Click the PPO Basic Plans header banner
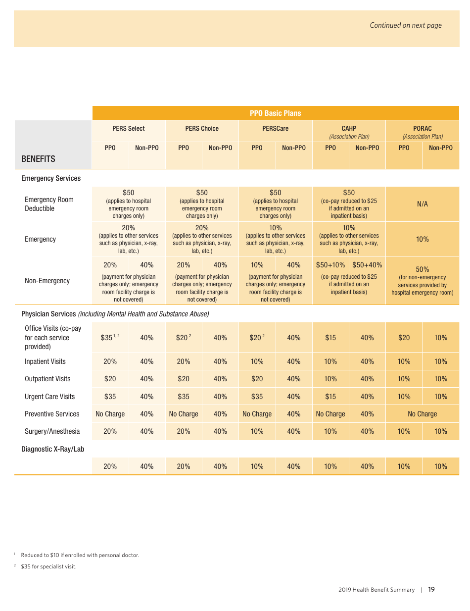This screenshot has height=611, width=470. tap(275, 113)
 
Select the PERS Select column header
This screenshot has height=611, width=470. tap(129, 129)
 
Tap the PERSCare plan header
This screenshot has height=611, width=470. tap(275, 129)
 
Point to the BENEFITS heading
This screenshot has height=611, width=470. tap(39, 159)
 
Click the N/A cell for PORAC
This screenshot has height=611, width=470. tap(422, 204)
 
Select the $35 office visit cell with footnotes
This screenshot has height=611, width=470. tap(110, 338)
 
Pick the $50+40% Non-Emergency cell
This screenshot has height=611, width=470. tap(367, 265)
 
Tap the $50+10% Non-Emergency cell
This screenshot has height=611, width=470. tap(330, 265)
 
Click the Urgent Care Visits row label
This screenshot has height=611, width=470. tap(50, 397)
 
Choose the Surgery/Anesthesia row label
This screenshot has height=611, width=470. tap(52, 431)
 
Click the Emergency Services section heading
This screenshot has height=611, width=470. tap(51, 178)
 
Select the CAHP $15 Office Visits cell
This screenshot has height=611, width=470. tap(330, 338)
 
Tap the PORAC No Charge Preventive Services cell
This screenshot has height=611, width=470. tap(422, 414)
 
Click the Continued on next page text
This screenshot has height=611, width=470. tap(406, 25)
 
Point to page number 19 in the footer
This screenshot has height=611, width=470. tap(431, 589)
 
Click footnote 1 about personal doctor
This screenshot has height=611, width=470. tap(80, 555)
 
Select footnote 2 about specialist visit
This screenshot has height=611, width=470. tap(48, 566)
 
